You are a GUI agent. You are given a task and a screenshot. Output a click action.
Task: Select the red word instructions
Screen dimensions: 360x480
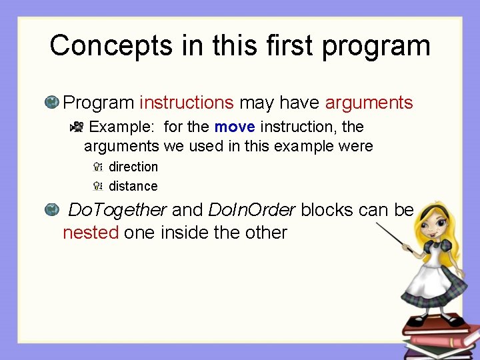coord(186,103)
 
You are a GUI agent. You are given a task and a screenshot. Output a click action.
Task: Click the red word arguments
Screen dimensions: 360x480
coord(369,103)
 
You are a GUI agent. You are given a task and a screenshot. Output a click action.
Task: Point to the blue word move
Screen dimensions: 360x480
coord(235,127)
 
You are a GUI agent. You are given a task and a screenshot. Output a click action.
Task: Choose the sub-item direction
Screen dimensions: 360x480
coord(133,167)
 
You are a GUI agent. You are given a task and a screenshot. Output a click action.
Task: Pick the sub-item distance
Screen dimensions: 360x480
coord(133,186)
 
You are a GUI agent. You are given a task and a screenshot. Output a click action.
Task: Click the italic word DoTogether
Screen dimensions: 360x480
coord(117,210)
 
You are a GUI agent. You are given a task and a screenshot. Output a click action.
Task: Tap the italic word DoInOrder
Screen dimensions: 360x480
coord(251,210)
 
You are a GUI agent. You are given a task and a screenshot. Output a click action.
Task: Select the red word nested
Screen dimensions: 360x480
coord(91,233)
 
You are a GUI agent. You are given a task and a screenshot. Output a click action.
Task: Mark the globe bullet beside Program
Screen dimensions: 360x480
coord(51,103)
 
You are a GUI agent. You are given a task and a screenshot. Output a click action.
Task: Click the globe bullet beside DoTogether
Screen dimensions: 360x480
coord(51,210)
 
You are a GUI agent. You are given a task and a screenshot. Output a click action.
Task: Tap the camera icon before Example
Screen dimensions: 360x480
coord(77,127)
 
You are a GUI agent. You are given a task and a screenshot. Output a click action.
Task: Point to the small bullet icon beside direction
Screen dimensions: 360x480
coord(97,167)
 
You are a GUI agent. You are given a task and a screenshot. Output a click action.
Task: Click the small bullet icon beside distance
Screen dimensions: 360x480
coord(97,186)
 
